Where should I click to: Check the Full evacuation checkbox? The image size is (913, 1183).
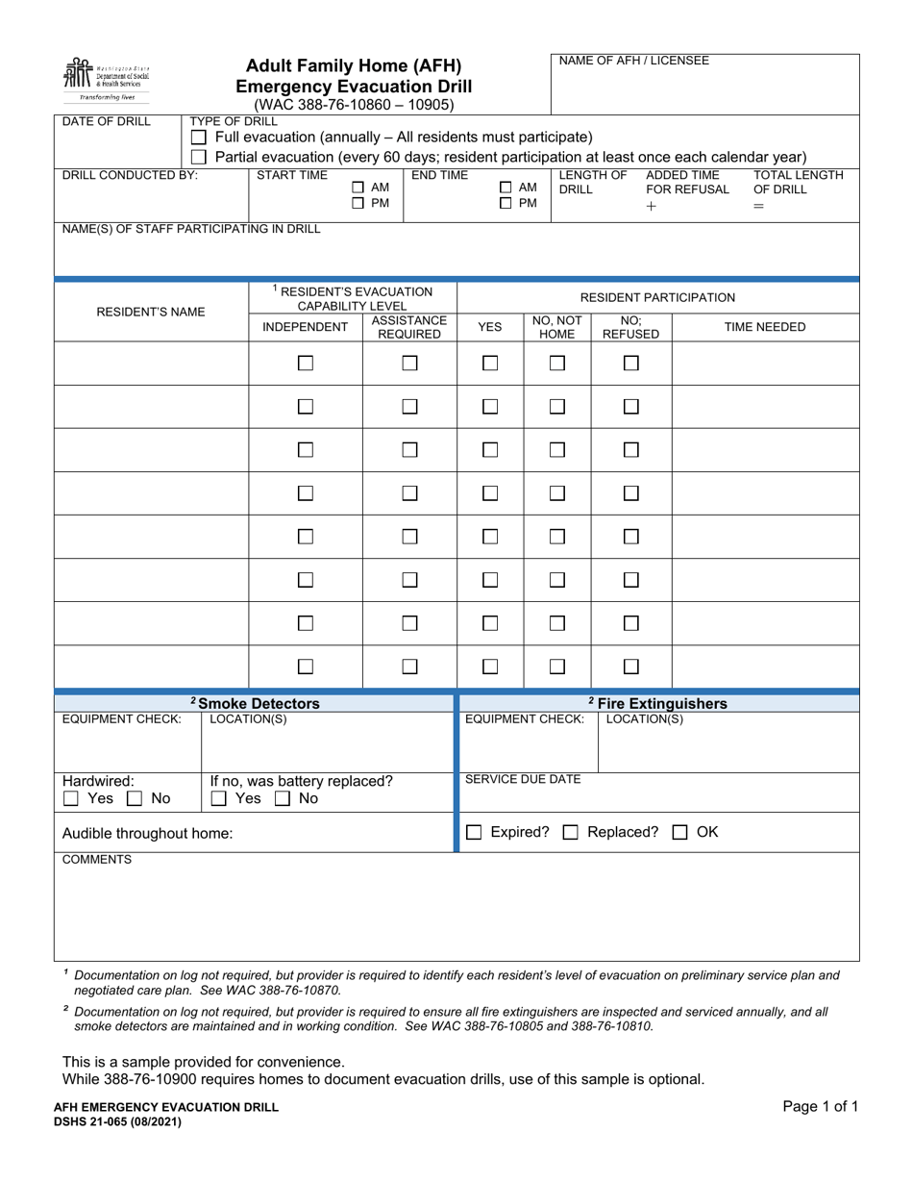click(199, 138)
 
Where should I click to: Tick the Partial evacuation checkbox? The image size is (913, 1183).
click(199, 157)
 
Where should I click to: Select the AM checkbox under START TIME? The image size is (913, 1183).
click(358, 188)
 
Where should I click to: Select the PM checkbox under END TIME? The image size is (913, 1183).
click(506, 204)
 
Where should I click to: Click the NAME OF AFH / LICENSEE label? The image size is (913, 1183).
click(634, 61)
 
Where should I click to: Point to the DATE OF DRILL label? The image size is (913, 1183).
click(100, 121)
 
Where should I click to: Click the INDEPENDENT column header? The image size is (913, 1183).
click(305, 327)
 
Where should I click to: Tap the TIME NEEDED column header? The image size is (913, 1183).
click(764, 327)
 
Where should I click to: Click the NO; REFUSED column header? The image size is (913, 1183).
click(630, 327)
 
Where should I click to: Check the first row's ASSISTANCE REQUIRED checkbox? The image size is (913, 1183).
click(409, 364)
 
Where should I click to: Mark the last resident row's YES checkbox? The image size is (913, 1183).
click(490, 666)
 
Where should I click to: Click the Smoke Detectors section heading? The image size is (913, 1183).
click(255, 703)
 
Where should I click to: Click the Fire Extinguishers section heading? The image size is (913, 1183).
click(657, 703)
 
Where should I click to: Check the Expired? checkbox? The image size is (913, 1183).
click(474, 833)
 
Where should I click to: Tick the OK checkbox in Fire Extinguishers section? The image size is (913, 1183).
click(679, 833)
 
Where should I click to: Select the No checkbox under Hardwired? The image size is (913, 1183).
click(136, 798)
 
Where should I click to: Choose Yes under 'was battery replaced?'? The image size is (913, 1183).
click(219, 798)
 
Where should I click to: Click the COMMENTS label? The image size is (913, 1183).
click(97, 860)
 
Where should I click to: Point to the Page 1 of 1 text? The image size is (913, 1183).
click(820, 1106)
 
